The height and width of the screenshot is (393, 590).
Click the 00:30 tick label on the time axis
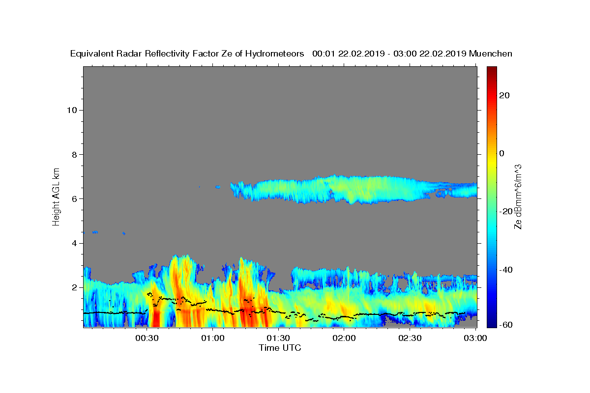coord(147,338)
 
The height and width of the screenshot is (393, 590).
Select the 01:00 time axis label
coord(213,338)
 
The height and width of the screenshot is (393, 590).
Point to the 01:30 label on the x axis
coord(278,338)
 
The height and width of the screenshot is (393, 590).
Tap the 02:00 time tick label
coord(344,338)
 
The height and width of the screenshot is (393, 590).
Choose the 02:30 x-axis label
coord(410,338)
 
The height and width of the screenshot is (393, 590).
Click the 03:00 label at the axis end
coord(475,338)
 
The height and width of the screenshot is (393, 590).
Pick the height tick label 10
coord(72,110)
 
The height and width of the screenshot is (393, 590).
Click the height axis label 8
coord(75,155)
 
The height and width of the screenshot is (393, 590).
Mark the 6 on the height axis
coord(75,199)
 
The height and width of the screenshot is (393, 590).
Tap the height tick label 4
coord(75,243)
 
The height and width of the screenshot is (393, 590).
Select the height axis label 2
coord(75,287)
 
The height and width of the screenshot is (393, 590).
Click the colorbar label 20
coord(504,95)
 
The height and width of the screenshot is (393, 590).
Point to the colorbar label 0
coord(502,153)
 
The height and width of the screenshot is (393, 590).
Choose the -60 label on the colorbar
coord(506,325)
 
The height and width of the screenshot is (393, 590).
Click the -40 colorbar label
coord(506,270)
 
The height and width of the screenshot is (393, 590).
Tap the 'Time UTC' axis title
coord(280,348)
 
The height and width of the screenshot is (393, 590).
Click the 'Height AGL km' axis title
coord(56,197)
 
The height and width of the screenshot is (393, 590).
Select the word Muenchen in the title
coord(491,54)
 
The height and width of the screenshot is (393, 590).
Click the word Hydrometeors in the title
coord(274,54)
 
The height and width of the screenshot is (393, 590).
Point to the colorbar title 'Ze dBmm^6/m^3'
coord(518,197)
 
